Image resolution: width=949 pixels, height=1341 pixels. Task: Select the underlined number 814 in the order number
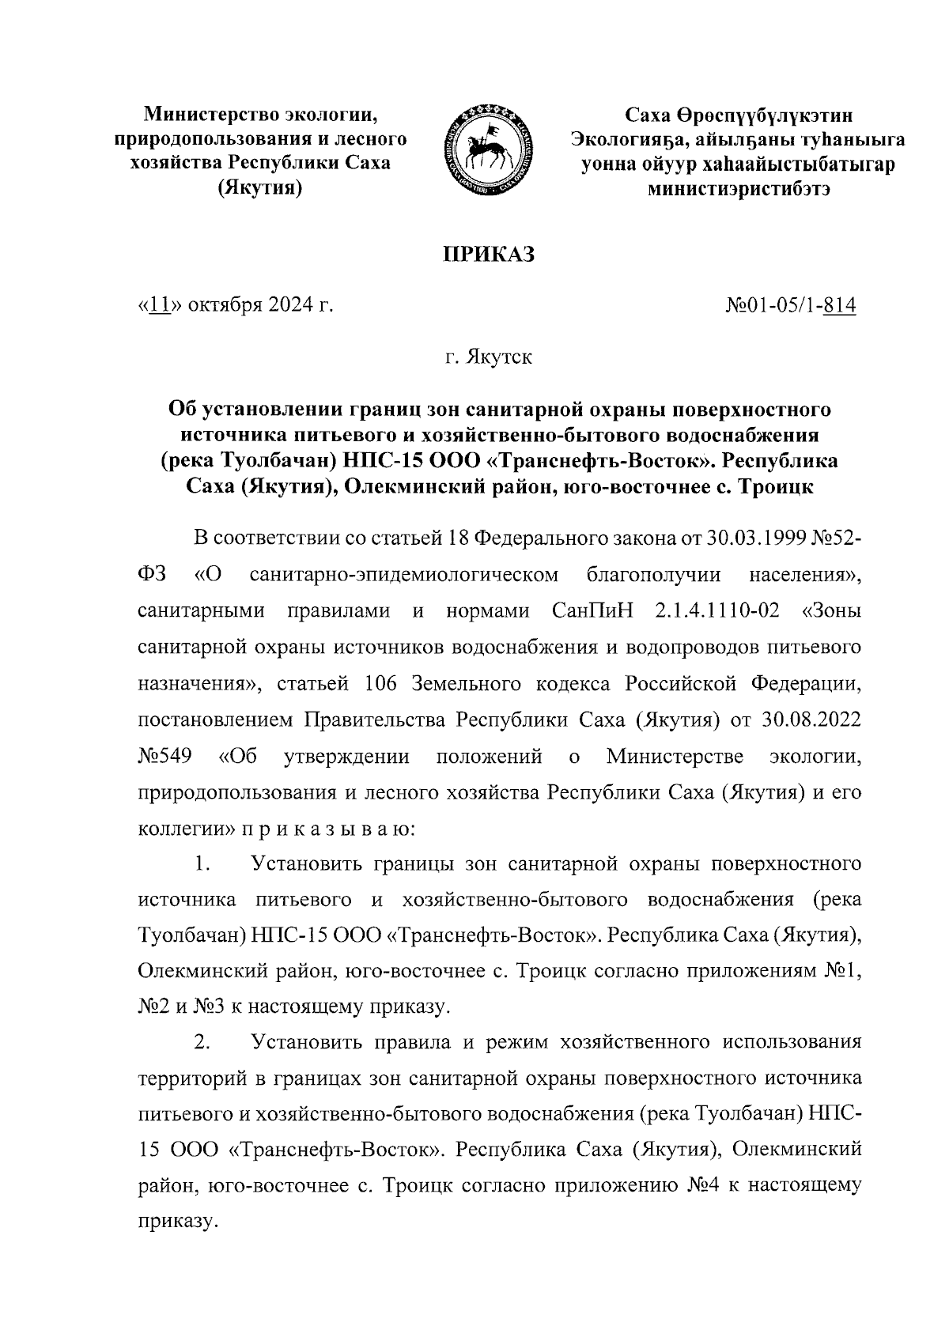pos(839,305)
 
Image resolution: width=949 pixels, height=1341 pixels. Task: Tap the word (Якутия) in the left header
pos(261,187)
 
